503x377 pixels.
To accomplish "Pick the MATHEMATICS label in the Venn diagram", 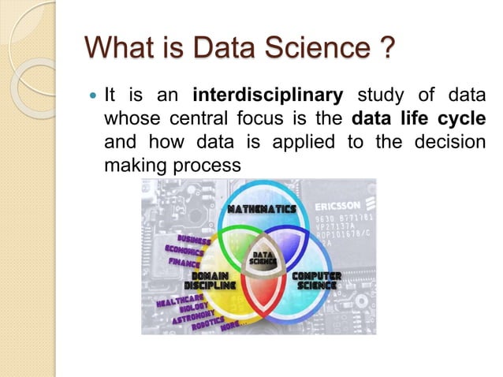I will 262,209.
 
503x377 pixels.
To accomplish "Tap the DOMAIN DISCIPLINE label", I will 210,279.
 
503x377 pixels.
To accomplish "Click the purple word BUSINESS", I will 193,237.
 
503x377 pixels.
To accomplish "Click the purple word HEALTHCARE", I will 181,301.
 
